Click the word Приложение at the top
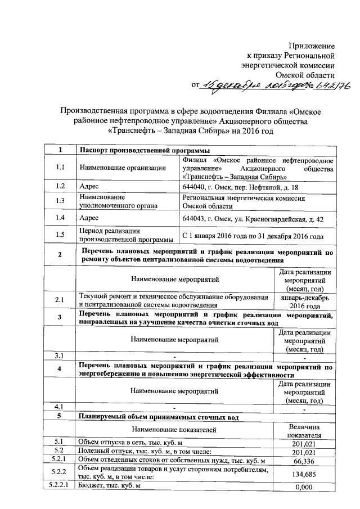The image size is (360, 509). pyautogui.click(x=312, y=45)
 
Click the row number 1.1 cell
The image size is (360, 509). pyautogui.click(x=60, y=167)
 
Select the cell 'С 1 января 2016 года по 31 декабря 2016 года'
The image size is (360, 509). pyautogui.click(x=253, y=236)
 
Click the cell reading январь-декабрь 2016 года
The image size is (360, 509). pyautogui.click(x=304, y=301)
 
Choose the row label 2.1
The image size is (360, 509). pyautogui.click(x=60, y=301)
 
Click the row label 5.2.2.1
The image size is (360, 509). pyautogui.click(x=60, y=487)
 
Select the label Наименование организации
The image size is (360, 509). pyautogui.click(x=123, y=167)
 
